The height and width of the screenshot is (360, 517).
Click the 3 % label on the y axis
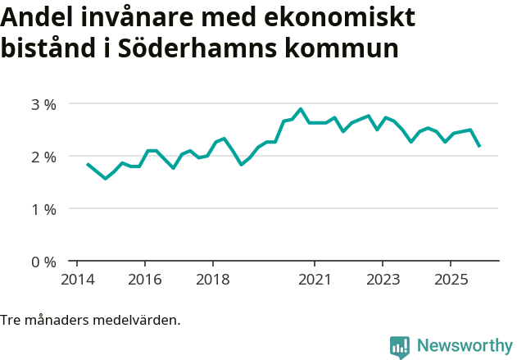pyautogui.click(x=43, y=104)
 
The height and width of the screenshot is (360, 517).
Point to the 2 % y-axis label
pyautogui.click(x=43, y=157)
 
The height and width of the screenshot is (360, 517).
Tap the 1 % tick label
pyautogui.click(x=43, y=209)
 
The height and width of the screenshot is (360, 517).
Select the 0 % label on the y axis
pyautogui.click(x=43, y=262)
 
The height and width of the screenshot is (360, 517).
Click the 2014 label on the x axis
pyautogui.click(x=76, y=279)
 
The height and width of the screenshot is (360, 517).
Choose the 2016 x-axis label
pyautogui.click(x=144, y=279)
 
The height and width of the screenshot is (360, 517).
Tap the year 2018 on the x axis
pyautogui.click(x=212, y=279)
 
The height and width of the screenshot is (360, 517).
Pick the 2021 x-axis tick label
pyautogui.click(x=315, y=279)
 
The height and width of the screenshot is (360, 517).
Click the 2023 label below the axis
pyautogui.click(x=383, y=279)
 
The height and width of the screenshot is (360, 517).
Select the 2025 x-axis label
pyautogui.click(x=451, y=279)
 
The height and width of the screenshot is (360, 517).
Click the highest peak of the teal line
pyautogui.click(x=301, y=108)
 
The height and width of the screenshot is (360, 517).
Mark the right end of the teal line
pyautogui.click(x=479, y=146)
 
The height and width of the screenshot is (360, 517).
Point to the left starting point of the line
pyautogui.click(x=88, y=164)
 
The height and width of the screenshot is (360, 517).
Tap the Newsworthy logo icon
pyautogui.click(x=400, y=347)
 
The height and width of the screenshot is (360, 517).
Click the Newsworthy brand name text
pyautogui.click(x=464, y=346)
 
